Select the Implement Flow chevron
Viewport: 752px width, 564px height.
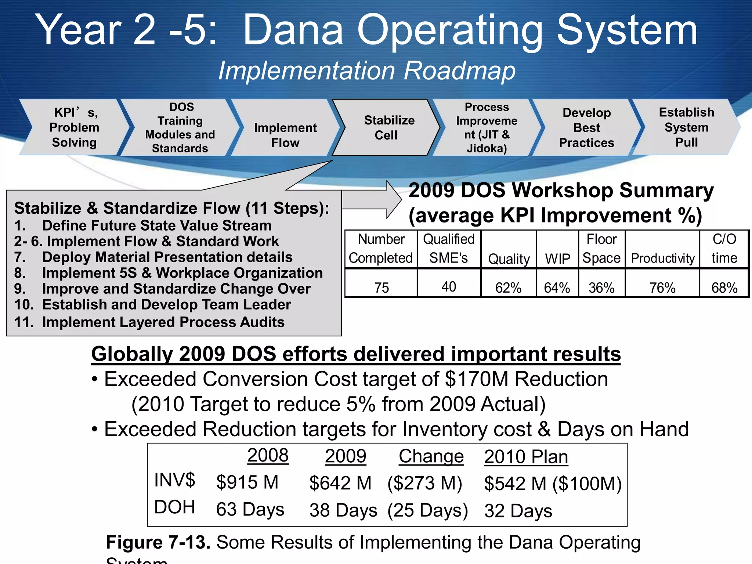point(285,135)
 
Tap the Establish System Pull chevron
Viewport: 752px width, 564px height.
point(686,127)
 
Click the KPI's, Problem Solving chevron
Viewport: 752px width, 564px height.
point(74,127)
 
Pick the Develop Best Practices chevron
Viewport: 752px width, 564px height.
point(586,127)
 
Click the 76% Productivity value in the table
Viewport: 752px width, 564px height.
point(662,288)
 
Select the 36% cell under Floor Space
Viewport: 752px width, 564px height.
point(601,288)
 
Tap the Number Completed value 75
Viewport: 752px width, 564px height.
point(382,288)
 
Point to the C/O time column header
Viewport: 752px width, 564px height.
point(724,249)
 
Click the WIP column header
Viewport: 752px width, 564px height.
point(557,258)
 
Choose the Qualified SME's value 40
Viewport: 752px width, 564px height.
point(449,286)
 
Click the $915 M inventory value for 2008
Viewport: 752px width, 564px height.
point(247,482)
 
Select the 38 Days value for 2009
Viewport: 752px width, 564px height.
point(343,510)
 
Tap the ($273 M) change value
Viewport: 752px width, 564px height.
point(425,483)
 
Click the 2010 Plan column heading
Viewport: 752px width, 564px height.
point(526,457)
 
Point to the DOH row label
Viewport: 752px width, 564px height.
point(174,507)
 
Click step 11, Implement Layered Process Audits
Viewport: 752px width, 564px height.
point(149,322)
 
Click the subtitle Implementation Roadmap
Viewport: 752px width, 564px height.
point(366,70)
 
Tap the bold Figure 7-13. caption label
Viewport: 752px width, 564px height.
point(158,542)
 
